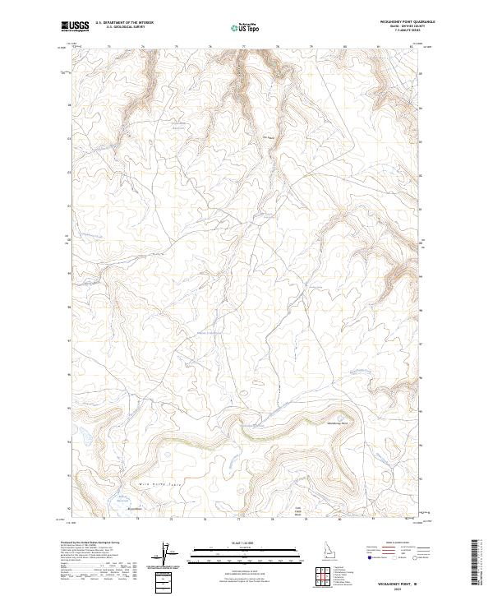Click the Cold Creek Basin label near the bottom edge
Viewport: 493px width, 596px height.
coord(299,511)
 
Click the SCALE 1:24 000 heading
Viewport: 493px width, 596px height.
coord(240,542)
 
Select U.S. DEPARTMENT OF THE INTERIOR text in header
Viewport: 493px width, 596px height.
coord(124,23)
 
